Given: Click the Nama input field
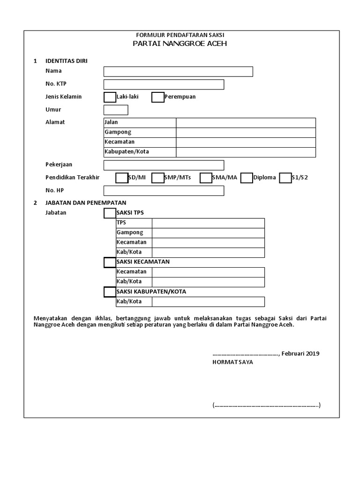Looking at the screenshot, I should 178,72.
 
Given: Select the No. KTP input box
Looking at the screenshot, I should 164,84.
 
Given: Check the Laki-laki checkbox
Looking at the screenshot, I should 109,97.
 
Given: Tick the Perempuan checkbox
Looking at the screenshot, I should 158,97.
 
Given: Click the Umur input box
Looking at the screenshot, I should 116,110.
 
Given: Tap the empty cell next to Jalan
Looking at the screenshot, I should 246,122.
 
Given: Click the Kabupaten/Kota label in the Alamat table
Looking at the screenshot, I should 127,152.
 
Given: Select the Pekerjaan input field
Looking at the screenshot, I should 164,165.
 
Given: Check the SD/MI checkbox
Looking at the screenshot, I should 121,178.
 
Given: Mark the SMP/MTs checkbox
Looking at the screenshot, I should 158,178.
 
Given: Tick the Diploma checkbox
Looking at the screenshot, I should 247,178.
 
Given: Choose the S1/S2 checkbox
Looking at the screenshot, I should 285,178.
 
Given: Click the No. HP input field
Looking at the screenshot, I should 164,191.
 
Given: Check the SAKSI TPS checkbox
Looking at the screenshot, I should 109,213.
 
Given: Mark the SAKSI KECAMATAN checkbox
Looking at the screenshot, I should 109,262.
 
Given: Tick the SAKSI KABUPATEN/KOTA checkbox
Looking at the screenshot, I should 109,292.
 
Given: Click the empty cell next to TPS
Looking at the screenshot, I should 208,223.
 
